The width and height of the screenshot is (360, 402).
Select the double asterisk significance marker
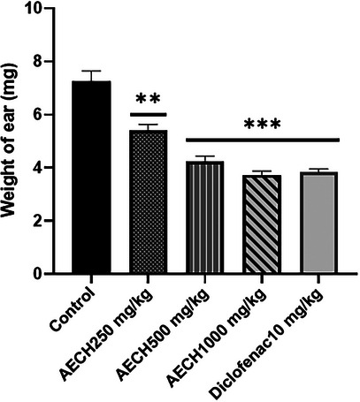(x=148, y=100)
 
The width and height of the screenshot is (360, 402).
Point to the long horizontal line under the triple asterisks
(x=263, y=140)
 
